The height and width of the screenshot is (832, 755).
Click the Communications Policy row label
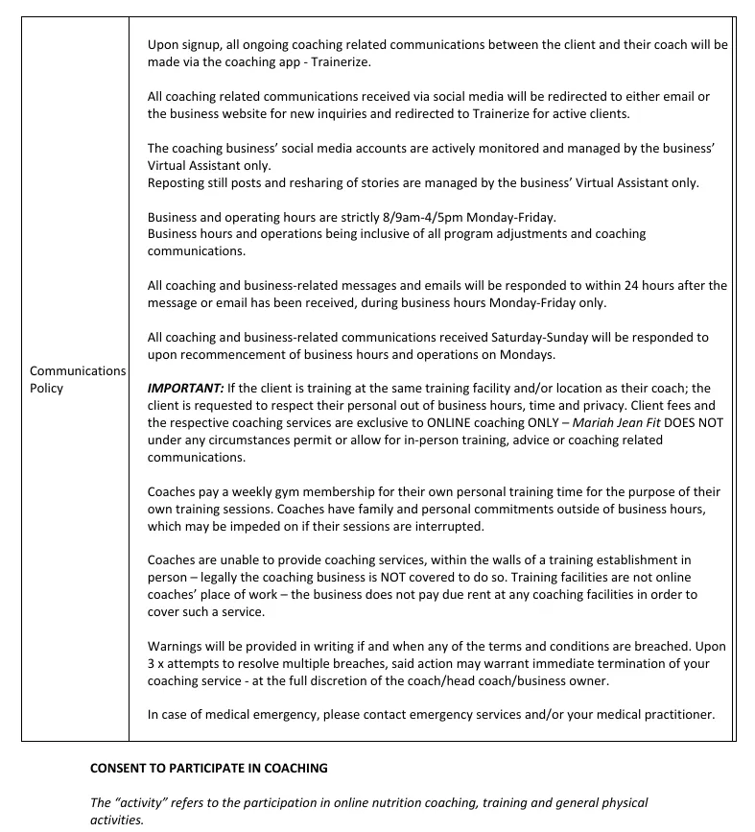tap(77, 379)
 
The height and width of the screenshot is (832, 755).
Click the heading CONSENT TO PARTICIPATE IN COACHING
tap(208, 769)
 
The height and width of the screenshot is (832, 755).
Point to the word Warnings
tap(176, 646)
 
